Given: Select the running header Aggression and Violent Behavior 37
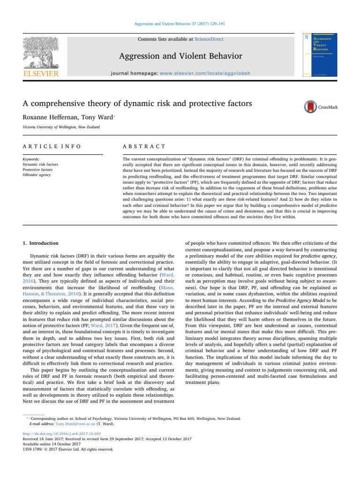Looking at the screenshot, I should (180, 22).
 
